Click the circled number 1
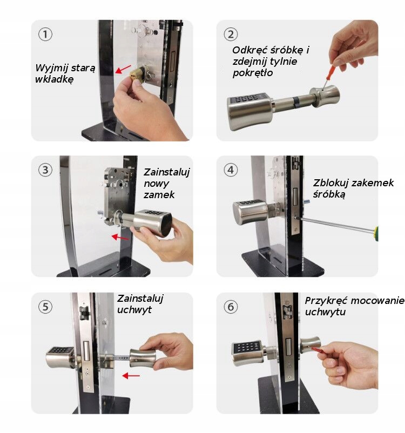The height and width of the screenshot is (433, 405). point(45,35)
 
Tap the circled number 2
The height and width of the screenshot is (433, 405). point(231,35)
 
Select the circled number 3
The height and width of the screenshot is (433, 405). point(45,170)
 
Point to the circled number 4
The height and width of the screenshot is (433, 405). point(231,170)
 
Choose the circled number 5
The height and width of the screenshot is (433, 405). point(45,307)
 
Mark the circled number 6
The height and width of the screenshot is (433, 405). point(231,307)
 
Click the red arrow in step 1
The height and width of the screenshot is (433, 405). point(123,69)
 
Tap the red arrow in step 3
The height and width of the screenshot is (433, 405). point(120,237)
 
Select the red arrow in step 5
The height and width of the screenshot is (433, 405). point(131,376)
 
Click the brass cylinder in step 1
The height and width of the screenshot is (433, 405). point(137,75)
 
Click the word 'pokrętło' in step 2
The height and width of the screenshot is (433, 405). point(253,73)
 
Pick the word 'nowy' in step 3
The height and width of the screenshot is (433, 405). point(156,184)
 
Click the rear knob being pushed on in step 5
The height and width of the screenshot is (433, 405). point(143,358)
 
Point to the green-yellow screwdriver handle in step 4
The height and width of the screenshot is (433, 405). point(376,233)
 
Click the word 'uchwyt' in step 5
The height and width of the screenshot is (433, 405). point(134,310)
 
